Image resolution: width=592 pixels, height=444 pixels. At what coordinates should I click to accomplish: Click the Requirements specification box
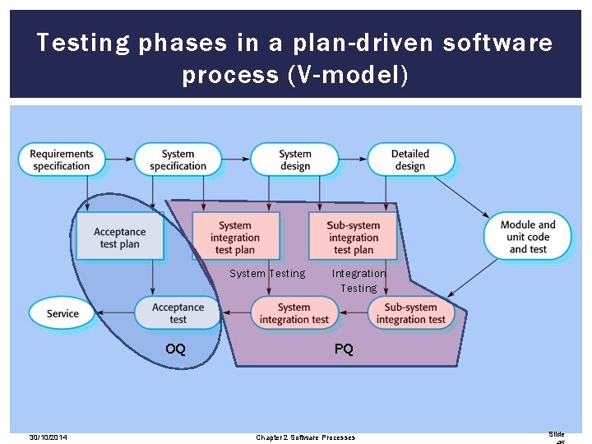[62, 160]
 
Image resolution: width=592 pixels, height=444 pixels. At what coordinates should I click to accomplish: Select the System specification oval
[178, 160]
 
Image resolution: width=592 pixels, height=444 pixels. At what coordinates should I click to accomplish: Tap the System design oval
[294, 160]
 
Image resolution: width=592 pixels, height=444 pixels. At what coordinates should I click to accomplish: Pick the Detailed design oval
[409, 160]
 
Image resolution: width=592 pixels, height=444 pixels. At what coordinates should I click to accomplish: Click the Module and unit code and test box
[528, 237]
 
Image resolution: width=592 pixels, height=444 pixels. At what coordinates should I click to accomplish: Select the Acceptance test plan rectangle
[119, 238]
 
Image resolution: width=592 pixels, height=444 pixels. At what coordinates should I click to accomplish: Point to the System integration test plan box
[235, 238]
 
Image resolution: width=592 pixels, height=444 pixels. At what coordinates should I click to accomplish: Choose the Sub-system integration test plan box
[353, 238]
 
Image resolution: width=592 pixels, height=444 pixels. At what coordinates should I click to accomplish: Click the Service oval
[62, 313]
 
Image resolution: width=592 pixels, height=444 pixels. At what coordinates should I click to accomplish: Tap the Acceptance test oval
[178, 313]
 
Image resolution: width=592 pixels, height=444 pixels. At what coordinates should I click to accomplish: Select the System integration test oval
[294, 313]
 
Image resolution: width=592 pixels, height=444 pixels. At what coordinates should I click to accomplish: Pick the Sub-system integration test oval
[410, 313]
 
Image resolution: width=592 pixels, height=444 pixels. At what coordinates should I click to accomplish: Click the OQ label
[175, 349]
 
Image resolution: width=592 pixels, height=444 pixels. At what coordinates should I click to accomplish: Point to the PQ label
[344, 349]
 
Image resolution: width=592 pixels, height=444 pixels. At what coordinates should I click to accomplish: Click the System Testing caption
[266, 274]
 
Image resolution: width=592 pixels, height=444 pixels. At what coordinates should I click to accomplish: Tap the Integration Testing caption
[358, 280]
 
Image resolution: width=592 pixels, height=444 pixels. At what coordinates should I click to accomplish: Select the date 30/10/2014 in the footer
[48, 437]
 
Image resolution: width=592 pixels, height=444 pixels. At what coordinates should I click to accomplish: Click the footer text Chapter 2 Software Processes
[305, 437]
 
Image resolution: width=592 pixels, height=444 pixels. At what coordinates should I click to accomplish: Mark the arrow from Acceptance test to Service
[115, 313]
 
